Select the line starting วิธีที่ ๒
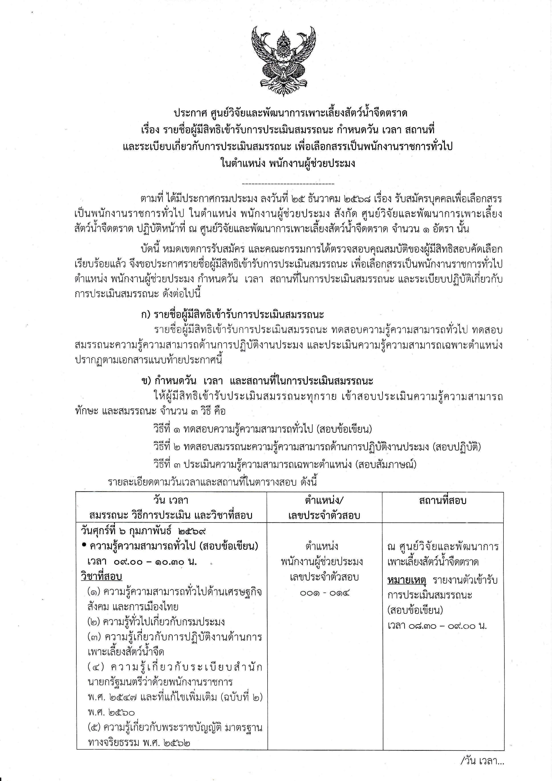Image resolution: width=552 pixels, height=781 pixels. (317, 447)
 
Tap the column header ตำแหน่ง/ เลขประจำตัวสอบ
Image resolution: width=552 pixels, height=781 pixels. (324, 508)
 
